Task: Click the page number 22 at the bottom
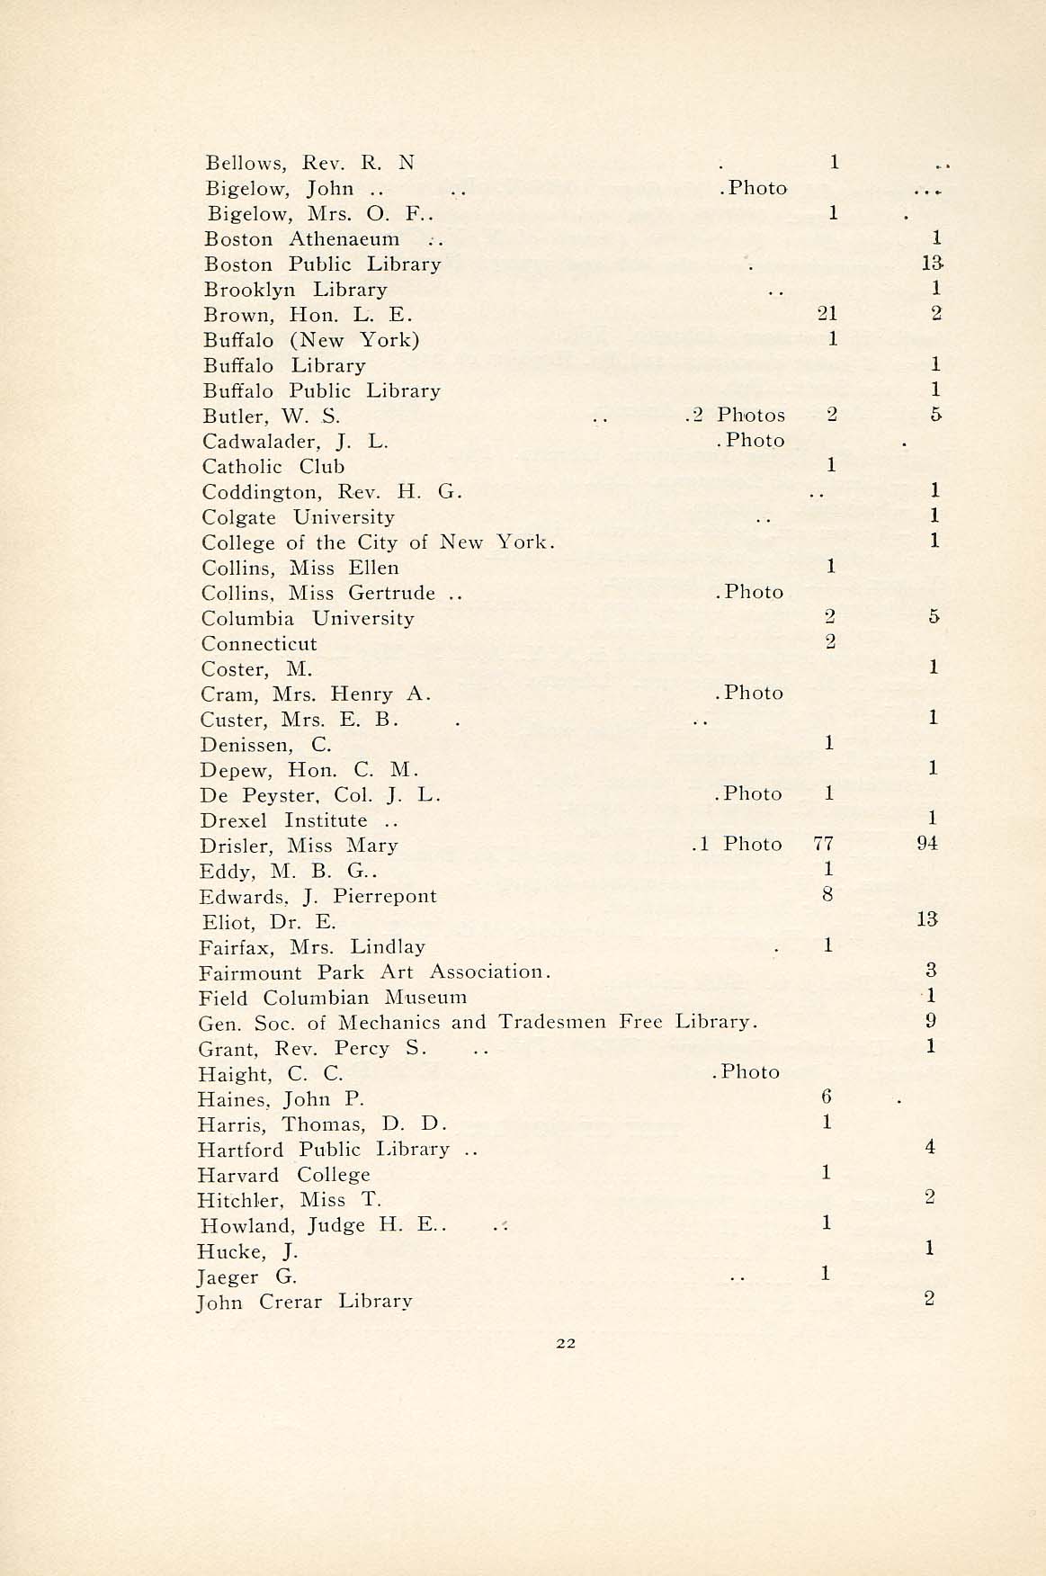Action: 566,1343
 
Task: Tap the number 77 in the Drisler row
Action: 822,844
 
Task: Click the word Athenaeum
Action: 344,239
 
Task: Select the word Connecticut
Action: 259,644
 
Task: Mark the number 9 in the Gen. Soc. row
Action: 931,1021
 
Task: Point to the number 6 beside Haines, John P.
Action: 827,1097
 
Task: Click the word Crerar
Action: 290,1302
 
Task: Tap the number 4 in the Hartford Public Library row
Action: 930,1147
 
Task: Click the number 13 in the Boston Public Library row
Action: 932,264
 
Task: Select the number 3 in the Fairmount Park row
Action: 931,971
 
